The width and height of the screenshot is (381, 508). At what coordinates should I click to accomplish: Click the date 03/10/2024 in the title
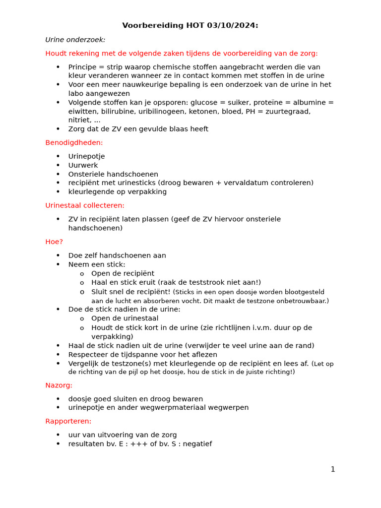[x=235, y=26]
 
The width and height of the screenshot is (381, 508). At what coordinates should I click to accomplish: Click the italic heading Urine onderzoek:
[x=75, y=40]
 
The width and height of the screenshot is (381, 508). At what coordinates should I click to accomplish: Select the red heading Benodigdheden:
[x=74, y=142]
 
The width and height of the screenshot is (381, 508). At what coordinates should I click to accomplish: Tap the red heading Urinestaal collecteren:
[x=85, y=205]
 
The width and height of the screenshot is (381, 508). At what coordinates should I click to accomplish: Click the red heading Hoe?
[x=54, y=242]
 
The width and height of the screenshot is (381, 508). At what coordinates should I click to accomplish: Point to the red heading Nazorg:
[x=59, y=385]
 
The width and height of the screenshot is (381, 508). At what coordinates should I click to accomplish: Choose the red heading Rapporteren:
[x=68, y=421]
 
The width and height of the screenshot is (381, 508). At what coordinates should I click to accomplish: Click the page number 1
[x=333, y=469]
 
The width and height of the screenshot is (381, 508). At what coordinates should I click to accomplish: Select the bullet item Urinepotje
[x=86, y=156]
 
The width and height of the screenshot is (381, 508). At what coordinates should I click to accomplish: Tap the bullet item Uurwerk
[x=83, y=165]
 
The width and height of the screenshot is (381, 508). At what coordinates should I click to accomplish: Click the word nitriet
[x=79, y=120]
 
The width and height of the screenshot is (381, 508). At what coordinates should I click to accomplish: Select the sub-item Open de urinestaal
[x=125, y=318]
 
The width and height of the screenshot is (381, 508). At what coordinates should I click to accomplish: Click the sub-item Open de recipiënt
[x=123, y=273]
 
